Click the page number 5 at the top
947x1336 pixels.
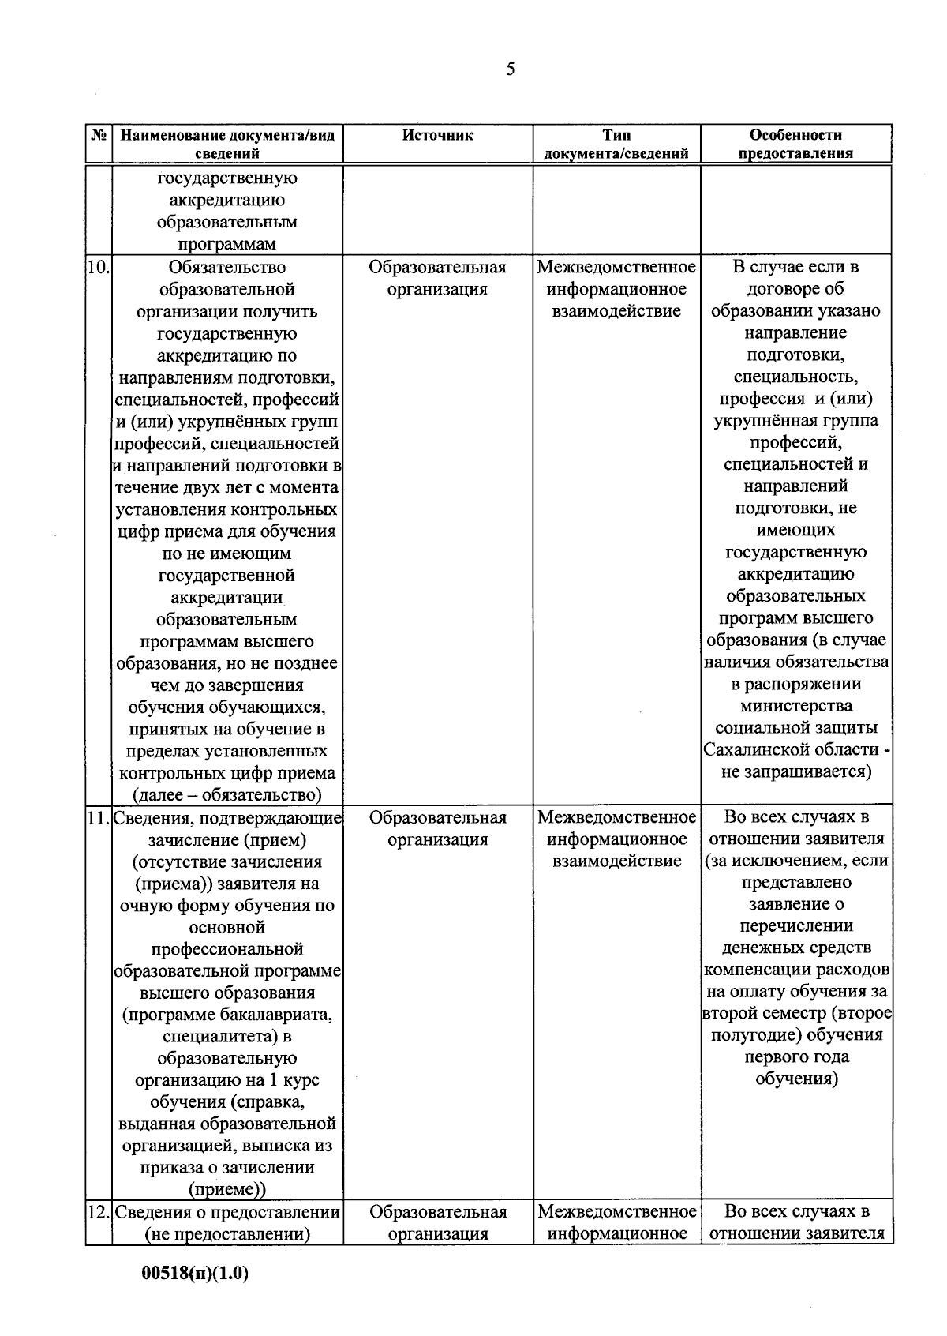click(x=510, y=70)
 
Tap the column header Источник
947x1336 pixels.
click(x=438, y=135)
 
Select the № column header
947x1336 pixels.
click(x=99, y=135)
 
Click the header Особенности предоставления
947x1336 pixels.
click(x=795, y=144)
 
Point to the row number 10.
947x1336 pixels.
click(x=98, y=267)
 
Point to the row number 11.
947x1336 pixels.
click(x=98, y=817)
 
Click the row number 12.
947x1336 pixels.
click(x=98, y=1211)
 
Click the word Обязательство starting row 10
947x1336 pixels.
click(x=227, y=267)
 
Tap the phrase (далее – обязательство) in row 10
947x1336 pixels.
click(x=227, y=794)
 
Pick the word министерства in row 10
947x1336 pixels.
click(x=795, y=705)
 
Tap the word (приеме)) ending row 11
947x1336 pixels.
click(x=227, y=1189)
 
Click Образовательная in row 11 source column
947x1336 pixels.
click(x=438, y=817)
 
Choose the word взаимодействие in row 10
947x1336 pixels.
click(x=616, y=311)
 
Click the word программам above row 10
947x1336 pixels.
click(x=227, y=244)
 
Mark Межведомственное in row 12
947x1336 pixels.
click(x=616, y=1211)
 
